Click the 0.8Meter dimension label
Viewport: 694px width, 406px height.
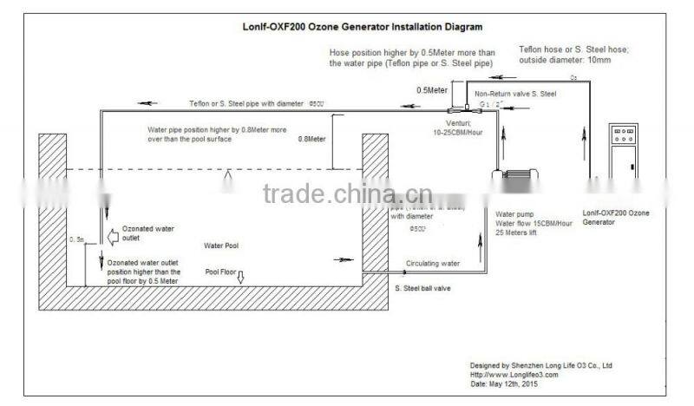pos(312,138)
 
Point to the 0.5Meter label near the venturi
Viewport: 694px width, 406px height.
pos(433,89)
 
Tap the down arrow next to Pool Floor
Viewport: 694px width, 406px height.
pos(242,277)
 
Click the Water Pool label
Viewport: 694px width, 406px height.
pos(221,246)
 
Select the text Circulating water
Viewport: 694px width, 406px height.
pos(432,261)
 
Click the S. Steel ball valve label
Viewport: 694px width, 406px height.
pos(422,288)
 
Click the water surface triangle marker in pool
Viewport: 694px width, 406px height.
pos(228,176)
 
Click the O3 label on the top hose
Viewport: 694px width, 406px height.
pos(573,78)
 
